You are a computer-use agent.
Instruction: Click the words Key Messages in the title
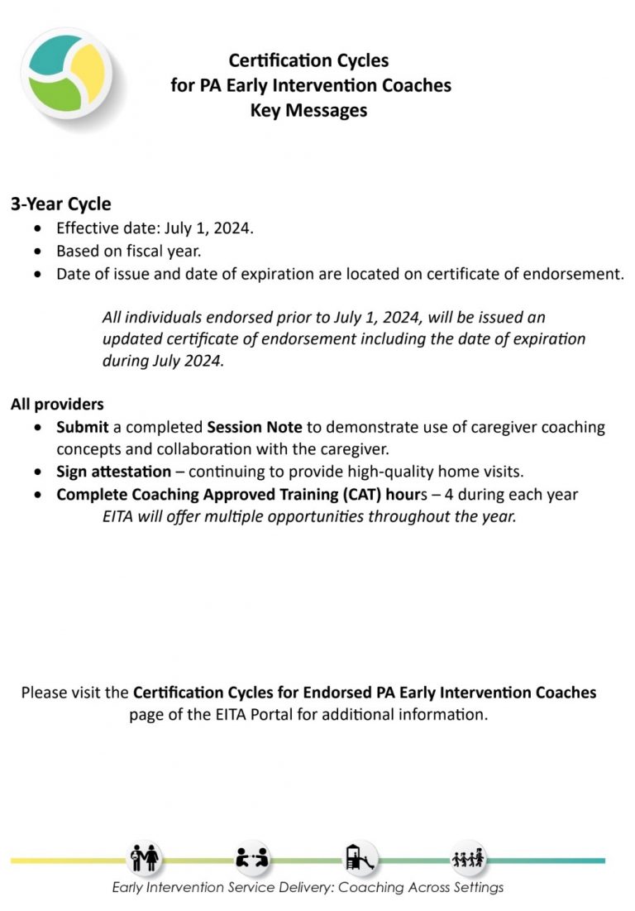click(x=308, y=110)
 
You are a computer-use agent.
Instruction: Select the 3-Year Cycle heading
click(x=60, y=204)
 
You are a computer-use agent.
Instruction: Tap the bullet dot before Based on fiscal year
click(x=37, y=251)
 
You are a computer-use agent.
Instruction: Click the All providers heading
click(x=57, y=405)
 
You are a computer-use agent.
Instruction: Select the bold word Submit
click(x=83, y=428)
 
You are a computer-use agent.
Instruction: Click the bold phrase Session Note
click(x=255, y=428)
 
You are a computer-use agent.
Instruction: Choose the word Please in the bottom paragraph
click(x=49, y=693)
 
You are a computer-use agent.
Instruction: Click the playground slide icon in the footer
click(x=360, y=858)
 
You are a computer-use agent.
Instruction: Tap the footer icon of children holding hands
click(x=467, y=858)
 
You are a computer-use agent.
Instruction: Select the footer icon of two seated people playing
click(x=252, y=858)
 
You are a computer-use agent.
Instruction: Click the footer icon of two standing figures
click(x=145, y=858)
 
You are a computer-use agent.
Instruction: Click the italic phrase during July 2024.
click(x=163, y=362)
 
